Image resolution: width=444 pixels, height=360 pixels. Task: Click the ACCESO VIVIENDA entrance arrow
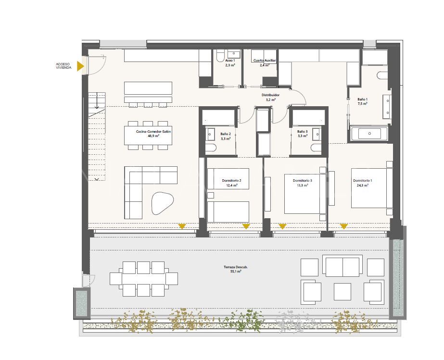[81, 66]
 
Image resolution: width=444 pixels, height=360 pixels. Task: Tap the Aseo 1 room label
[230, 61]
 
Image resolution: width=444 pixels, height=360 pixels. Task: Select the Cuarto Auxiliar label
[265, 61]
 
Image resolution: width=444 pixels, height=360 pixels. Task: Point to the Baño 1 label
[362, 99]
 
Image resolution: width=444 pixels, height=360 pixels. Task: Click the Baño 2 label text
[225, 134]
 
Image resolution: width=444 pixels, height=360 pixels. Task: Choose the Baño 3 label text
[302, 132]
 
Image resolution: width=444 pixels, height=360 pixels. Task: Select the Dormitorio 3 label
[303, 181]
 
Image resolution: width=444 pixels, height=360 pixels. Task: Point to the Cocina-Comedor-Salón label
[147, 131]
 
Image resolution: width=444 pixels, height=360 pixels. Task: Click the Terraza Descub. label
[236, 267]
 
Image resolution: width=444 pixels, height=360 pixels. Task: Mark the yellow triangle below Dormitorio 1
[344, 226]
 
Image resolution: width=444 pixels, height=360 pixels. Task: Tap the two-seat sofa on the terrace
[343, 265]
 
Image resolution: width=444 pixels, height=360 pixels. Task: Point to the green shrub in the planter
[248, 320]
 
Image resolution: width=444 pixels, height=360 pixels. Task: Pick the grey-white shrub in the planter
[291, 320]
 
